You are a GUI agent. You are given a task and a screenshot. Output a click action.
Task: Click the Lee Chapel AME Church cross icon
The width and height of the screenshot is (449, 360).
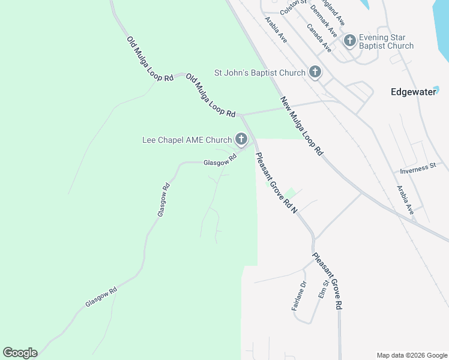pyautogui.click(x=241, y=140)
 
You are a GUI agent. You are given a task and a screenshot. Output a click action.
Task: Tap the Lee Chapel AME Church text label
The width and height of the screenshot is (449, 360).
pyautogui.click(x=187, y=140)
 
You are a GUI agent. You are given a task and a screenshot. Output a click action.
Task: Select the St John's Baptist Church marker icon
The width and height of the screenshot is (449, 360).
pyautogui.click(x=315, y=73)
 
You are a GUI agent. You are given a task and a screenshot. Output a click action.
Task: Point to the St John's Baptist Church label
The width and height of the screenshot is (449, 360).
pyautogui.click(x=260, y=73)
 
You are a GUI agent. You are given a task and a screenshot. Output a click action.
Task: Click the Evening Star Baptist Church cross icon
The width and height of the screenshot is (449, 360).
pyautogui.click(x=349, y=41)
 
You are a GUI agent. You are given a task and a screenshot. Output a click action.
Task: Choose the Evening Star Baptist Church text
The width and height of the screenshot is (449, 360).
pyautogui.click(x=386, y=41)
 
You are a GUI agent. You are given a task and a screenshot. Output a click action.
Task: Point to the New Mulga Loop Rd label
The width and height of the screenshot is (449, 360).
pyautogui.click(x=302, y=126)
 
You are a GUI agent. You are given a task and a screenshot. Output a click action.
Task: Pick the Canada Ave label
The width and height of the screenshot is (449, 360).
pyautogui.click(x=319, y=38)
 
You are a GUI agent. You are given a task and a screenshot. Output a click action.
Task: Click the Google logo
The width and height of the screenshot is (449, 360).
pyautogui.click(x=20, y=353)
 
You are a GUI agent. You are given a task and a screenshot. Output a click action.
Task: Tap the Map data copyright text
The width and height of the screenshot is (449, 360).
pyautogui.click(x=412, y=355)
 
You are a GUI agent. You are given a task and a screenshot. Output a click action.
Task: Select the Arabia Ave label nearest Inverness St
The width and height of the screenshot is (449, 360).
pyautogui.click(x=405, y=200)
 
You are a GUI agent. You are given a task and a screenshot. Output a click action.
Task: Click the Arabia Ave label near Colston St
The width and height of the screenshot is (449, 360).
pyautogui.click(x=276, y=29)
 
